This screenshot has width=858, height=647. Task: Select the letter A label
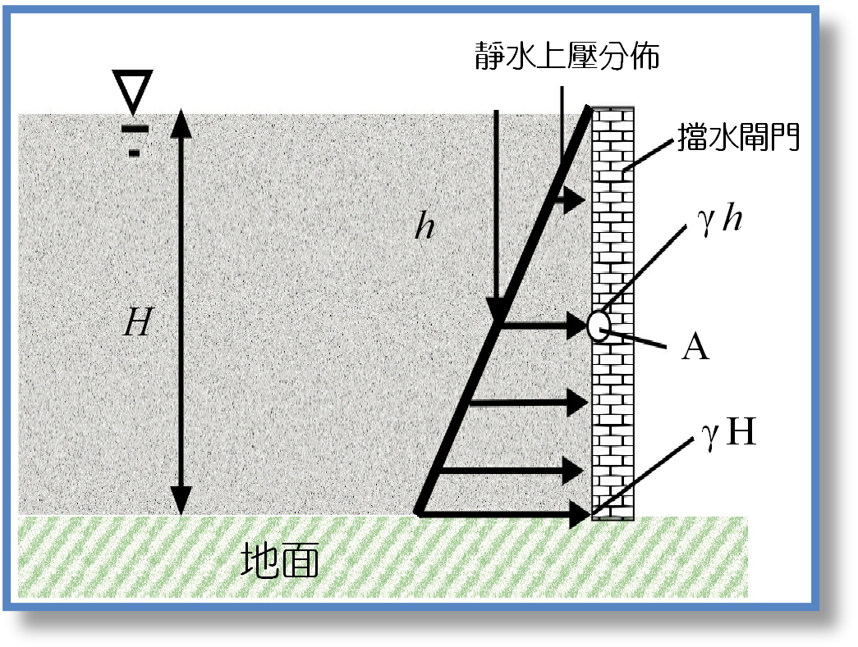(695, 349)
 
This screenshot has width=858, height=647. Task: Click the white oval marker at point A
(599, 326)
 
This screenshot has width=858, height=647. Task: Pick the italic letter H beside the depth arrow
(137, 325)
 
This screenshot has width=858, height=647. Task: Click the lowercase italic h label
(424, 227)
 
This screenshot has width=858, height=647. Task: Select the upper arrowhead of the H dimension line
(181, 122)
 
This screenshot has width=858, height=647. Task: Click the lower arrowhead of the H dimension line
(181, 499)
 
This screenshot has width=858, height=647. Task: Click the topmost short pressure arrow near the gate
(574, 200)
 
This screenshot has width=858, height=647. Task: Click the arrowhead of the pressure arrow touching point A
(578, 327)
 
